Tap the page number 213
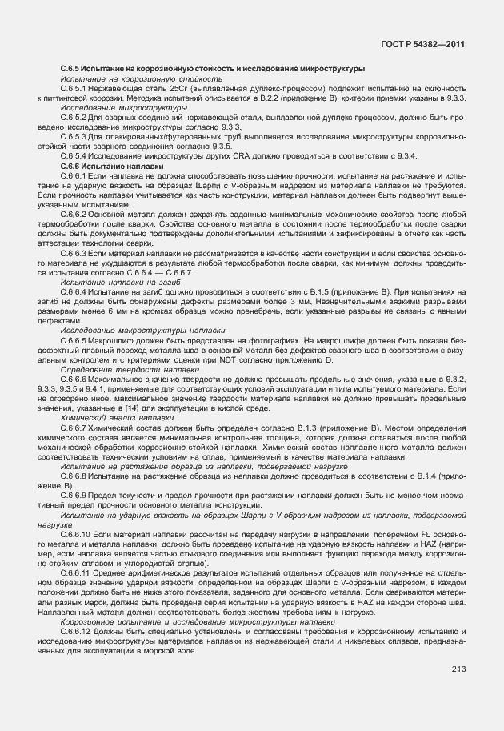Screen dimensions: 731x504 click(458, 669)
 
